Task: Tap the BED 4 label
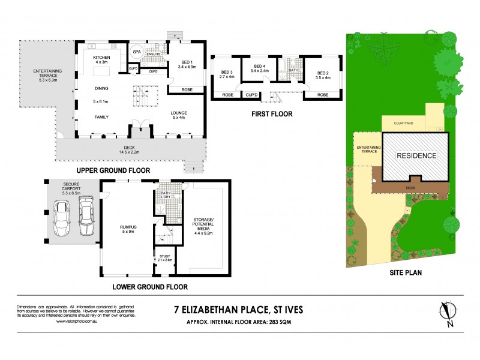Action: tap(259, 68)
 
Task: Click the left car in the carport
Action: tap(62, 218)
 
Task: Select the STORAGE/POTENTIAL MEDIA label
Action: tap(205, 226)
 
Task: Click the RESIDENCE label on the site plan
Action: tap(416, 155)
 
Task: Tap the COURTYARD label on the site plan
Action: tap(403, 124)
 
